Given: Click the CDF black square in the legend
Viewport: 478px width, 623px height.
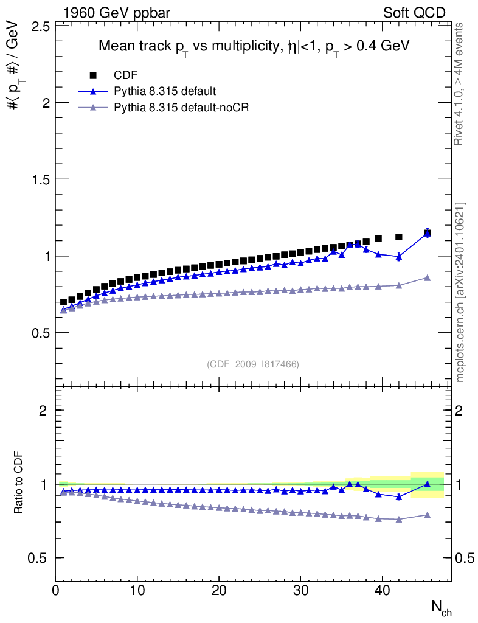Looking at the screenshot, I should [93, 75].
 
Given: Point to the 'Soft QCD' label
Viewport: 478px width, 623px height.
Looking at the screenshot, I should [414, 13].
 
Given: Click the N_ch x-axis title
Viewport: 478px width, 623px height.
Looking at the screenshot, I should [442, 608].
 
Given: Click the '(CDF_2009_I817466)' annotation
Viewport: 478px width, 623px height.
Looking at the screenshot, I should [253, 364].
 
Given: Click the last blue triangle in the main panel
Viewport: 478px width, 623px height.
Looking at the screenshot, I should [428, 233].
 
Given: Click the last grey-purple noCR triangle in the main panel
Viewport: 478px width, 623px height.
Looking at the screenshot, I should [428, 277].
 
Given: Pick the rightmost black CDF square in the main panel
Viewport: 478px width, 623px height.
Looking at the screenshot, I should [428, 234].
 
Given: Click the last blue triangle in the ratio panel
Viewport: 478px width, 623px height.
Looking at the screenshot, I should [428, 484].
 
